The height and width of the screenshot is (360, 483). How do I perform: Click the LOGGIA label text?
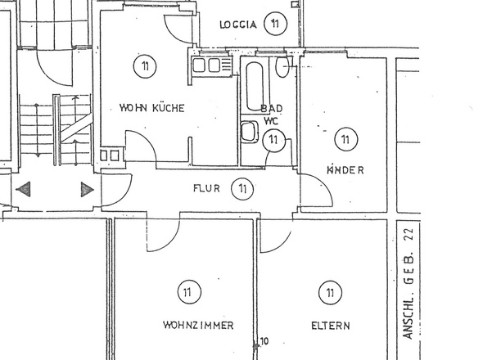point(238,25)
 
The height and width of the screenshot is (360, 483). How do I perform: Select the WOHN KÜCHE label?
point(151,108)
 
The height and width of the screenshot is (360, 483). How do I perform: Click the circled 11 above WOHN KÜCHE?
point(144,65)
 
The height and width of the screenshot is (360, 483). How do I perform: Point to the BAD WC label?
point(271,115)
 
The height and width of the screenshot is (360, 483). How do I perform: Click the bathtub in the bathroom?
point(254,84)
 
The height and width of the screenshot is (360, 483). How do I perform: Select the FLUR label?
point(206,189)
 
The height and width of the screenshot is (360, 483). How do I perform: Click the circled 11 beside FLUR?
point(241,189)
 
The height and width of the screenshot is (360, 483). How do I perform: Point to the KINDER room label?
point(345,170)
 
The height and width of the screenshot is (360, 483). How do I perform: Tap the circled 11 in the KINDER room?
point(345,140)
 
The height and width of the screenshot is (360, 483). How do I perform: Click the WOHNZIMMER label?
point(198,326)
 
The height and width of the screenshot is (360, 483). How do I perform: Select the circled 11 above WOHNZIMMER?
point(188,290)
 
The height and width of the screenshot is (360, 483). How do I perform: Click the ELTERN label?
point(330,326)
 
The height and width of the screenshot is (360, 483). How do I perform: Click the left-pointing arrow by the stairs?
point(23,190)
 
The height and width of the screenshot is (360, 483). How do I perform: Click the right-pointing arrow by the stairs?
point(87,190)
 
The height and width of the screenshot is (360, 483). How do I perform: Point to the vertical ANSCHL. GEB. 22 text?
point(409,283)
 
